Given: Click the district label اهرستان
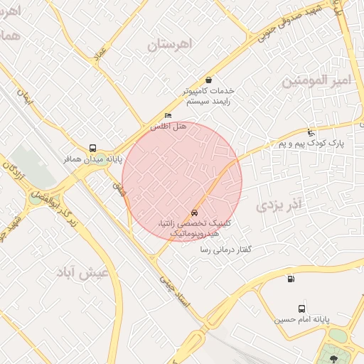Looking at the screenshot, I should click(x=171, y=44).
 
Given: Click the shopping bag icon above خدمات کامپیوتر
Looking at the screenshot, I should click(x=208, y=80).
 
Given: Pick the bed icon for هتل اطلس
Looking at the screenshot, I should click(x=168, y=115).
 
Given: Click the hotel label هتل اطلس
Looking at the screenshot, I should click(x=168, y=126).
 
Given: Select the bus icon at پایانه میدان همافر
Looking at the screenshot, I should click(x=92, y=148).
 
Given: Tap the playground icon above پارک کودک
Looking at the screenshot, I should click(x=310, y=132).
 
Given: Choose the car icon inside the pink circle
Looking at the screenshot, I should click(x=194, y=213).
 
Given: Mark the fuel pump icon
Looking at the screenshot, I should click(x=290, y=278).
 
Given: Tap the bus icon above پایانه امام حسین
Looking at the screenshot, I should click(x=302, y=309).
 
